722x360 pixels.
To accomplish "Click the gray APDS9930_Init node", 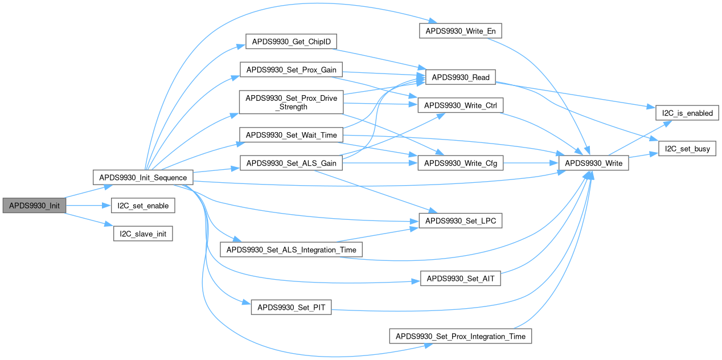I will tap(34, 206).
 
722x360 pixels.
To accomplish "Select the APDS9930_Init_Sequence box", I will tap(143, 177).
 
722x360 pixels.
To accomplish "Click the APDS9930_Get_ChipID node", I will tap(291, 42).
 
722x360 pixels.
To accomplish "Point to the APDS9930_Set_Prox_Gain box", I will tap(291, 71).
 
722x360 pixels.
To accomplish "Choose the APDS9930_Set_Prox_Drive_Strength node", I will tap(291, 103).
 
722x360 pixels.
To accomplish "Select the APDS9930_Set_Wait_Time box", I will tap(291, 135).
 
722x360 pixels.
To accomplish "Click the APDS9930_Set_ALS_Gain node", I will tap(291, 163).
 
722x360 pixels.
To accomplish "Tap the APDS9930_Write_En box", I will tap(461, 30).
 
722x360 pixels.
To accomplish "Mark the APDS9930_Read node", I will tap(461, 77).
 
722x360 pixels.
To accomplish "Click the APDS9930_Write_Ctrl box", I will tap(461, 105).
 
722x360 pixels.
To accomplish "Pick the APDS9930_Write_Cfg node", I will tap(461, 163).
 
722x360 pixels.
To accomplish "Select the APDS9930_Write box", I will tap(594, 163).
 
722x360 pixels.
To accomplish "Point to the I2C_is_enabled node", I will tap(687, 113).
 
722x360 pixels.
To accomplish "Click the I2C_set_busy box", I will tap(687, 149).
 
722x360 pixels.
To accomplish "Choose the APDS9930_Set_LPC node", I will tap(461, 220).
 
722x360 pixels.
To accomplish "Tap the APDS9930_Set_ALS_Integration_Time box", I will tap(291, 249).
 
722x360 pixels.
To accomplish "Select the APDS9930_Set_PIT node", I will tap(291, 307).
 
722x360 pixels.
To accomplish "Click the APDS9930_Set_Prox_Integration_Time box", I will tap(461, 336).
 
